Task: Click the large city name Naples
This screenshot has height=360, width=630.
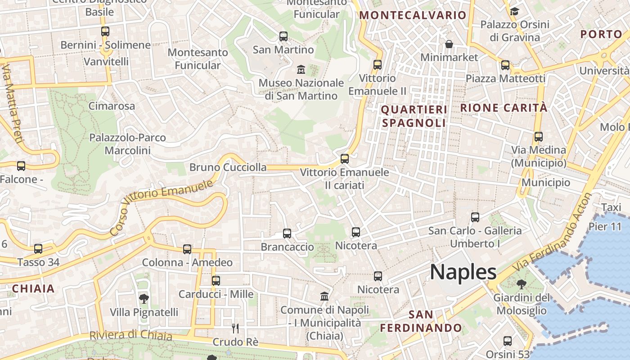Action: click(x=463, y=272)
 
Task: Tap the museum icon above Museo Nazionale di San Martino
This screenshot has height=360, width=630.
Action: click(x=301, y=70)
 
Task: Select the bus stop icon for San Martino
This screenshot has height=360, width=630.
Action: click(x=283, y=36)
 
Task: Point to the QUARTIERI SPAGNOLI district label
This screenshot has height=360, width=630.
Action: click(x=414, y=116)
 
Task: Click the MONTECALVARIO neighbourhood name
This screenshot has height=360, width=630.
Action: click(x=413, y=15)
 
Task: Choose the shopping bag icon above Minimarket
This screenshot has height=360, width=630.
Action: click(x=449, y=44)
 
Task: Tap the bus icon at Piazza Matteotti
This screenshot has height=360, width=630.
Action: click(x=505, y=65)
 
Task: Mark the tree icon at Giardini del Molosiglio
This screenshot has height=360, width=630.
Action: click(x=522, y=284)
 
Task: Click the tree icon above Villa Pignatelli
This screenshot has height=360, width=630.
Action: click(x=144, y=298)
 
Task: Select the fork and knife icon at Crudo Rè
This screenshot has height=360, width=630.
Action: click(x=234, y=328)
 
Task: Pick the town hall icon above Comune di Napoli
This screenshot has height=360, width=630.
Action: click(x=324, y=296)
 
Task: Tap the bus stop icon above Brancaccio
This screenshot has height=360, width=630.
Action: click(x=287, y=234)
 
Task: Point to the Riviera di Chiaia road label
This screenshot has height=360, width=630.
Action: click(x=130, y=336)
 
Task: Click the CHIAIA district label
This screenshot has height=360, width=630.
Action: click(x=33, y=289)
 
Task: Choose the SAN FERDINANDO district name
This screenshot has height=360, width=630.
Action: click(x=421, y=321)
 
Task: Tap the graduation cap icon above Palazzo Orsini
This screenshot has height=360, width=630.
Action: click(x=514, y=11)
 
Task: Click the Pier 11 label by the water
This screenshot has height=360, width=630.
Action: click(x=605, y=226)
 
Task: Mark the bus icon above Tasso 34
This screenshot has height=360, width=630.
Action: click(x=38, y=249)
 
